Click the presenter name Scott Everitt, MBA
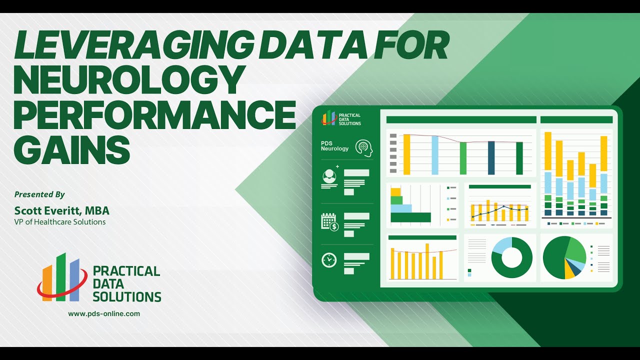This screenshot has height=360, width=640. (x=61, y=210)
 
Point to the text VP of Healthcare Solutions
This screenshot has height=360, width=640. (x=60, y=222)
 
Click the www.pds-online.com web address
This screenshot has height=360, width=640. (x=104, y=314)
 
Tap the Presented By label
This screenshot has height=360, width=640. (x=39, y=194)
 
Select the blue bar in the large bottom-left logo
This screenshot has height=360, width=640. (x=74, y=280)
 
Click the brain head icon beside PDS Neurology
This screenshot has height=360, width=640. (x=364, y=148)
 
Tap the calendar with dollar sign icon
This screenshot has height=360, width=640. (x=330, y=221)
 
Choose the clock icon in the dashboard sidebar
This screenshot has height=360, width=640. (x=329, y=260)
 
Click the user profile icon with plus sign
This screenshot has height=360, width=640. (x=329, y=176)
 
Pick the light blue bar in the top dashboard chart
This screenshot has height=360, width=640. (x=435, y=155)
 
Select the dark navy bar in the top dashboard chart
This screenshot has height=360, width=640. (x=491, y=157)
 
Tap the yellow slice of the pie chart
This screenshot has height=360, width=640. (x=569, y=271)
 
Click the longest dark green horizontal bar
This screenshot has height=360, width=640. (x=410, y=217)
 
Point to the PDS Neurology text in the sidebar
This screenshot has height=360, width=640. (x=334, y=145)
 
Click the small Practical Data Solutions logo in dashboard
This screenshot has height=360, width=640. (x=341, y=118)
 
